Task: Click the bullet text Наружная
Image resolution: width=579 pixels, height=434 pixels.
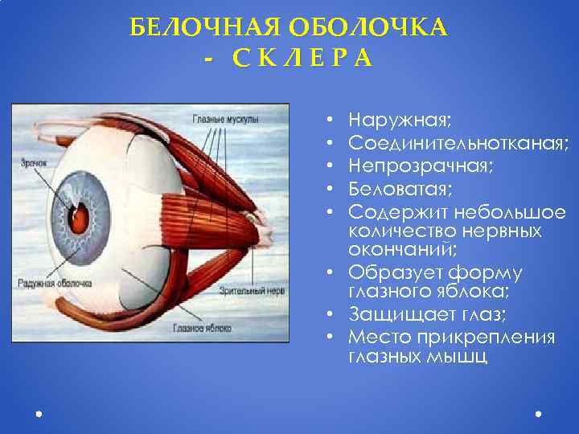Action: click(400, 121)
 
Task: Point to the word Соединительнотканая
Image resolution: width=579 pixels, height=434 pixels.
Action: click(459, 144)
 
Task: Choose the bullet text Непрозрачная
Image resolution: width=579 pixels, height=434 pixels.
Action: click(421, 166)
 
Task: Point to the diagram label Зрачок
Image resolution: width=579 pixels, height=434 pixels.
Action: click(35, 162)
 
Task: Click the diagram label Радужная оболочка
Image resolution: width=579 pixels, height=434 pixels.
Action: click(55, 283)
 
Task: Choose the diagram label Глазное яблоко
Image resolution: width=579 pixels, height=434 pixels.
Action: click(203, 328)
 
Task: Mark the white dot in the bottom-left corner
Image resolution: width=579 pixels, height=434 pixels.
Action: click(39, 415)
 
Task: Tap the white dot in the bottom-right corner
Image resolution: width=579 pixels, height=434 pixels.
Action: click(537, 415)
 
